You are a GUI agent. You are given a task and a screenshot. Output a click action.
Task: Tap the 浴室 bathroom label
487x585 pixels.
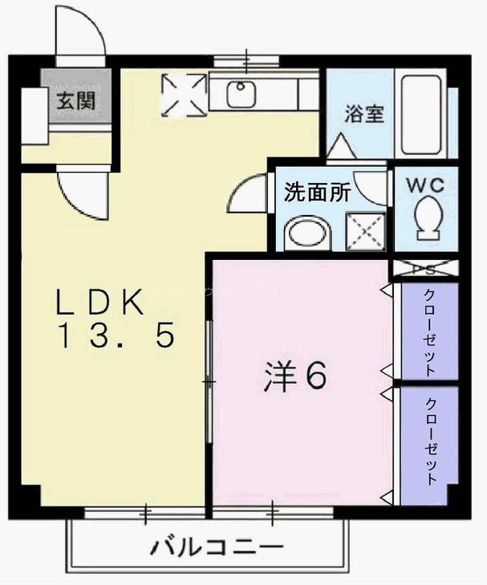click(x=363, y=114)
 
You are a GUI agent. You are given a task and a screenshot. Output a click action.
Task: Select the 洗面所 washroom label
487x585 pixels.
click(x=318, y=193)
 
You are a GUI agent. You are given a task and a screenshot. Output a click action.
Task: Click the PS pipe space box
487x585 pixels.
click(x=424, y=269)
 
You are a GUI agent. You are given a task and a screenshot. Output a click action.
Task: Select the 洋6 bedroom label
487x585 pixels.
click(x=295, y=376)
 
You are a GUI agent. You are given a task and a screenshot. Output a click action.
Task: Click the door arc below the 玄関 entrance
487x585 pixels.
click(x=84, y=194)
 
